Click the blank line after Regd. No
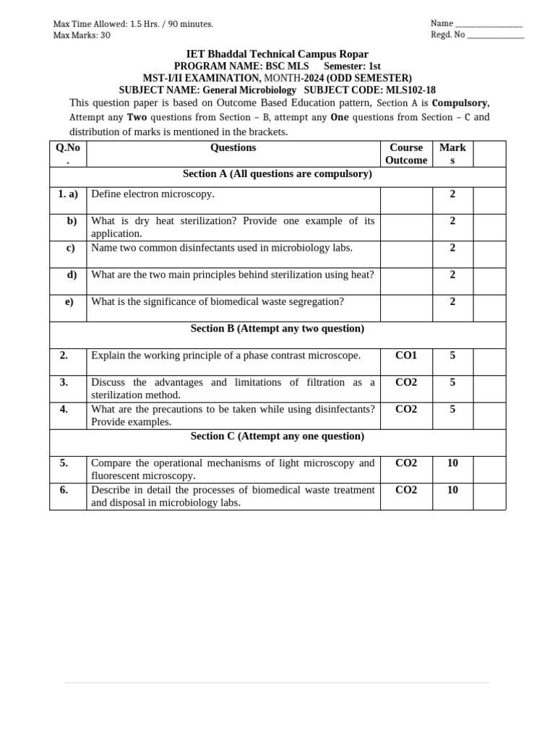496,36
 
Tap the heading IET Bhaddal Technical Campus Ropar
277,54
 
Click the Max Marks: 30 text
82,35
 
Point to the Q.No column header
68,153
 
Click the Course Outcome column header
406,153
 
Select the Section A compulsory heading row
277,174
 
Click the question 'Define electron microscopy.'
152,194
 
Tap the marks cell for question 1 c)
452,248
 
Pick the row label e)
69,301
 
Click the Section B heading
277,329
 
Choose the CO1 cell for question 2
406,356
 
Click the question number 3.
64,382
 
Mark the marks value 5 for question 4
452,409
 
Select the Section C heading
277,436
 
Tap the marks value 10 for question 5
452,463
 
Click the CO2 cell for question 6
406,490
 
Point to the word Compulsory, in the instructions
460,103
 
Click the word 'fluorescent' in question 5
119,476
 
